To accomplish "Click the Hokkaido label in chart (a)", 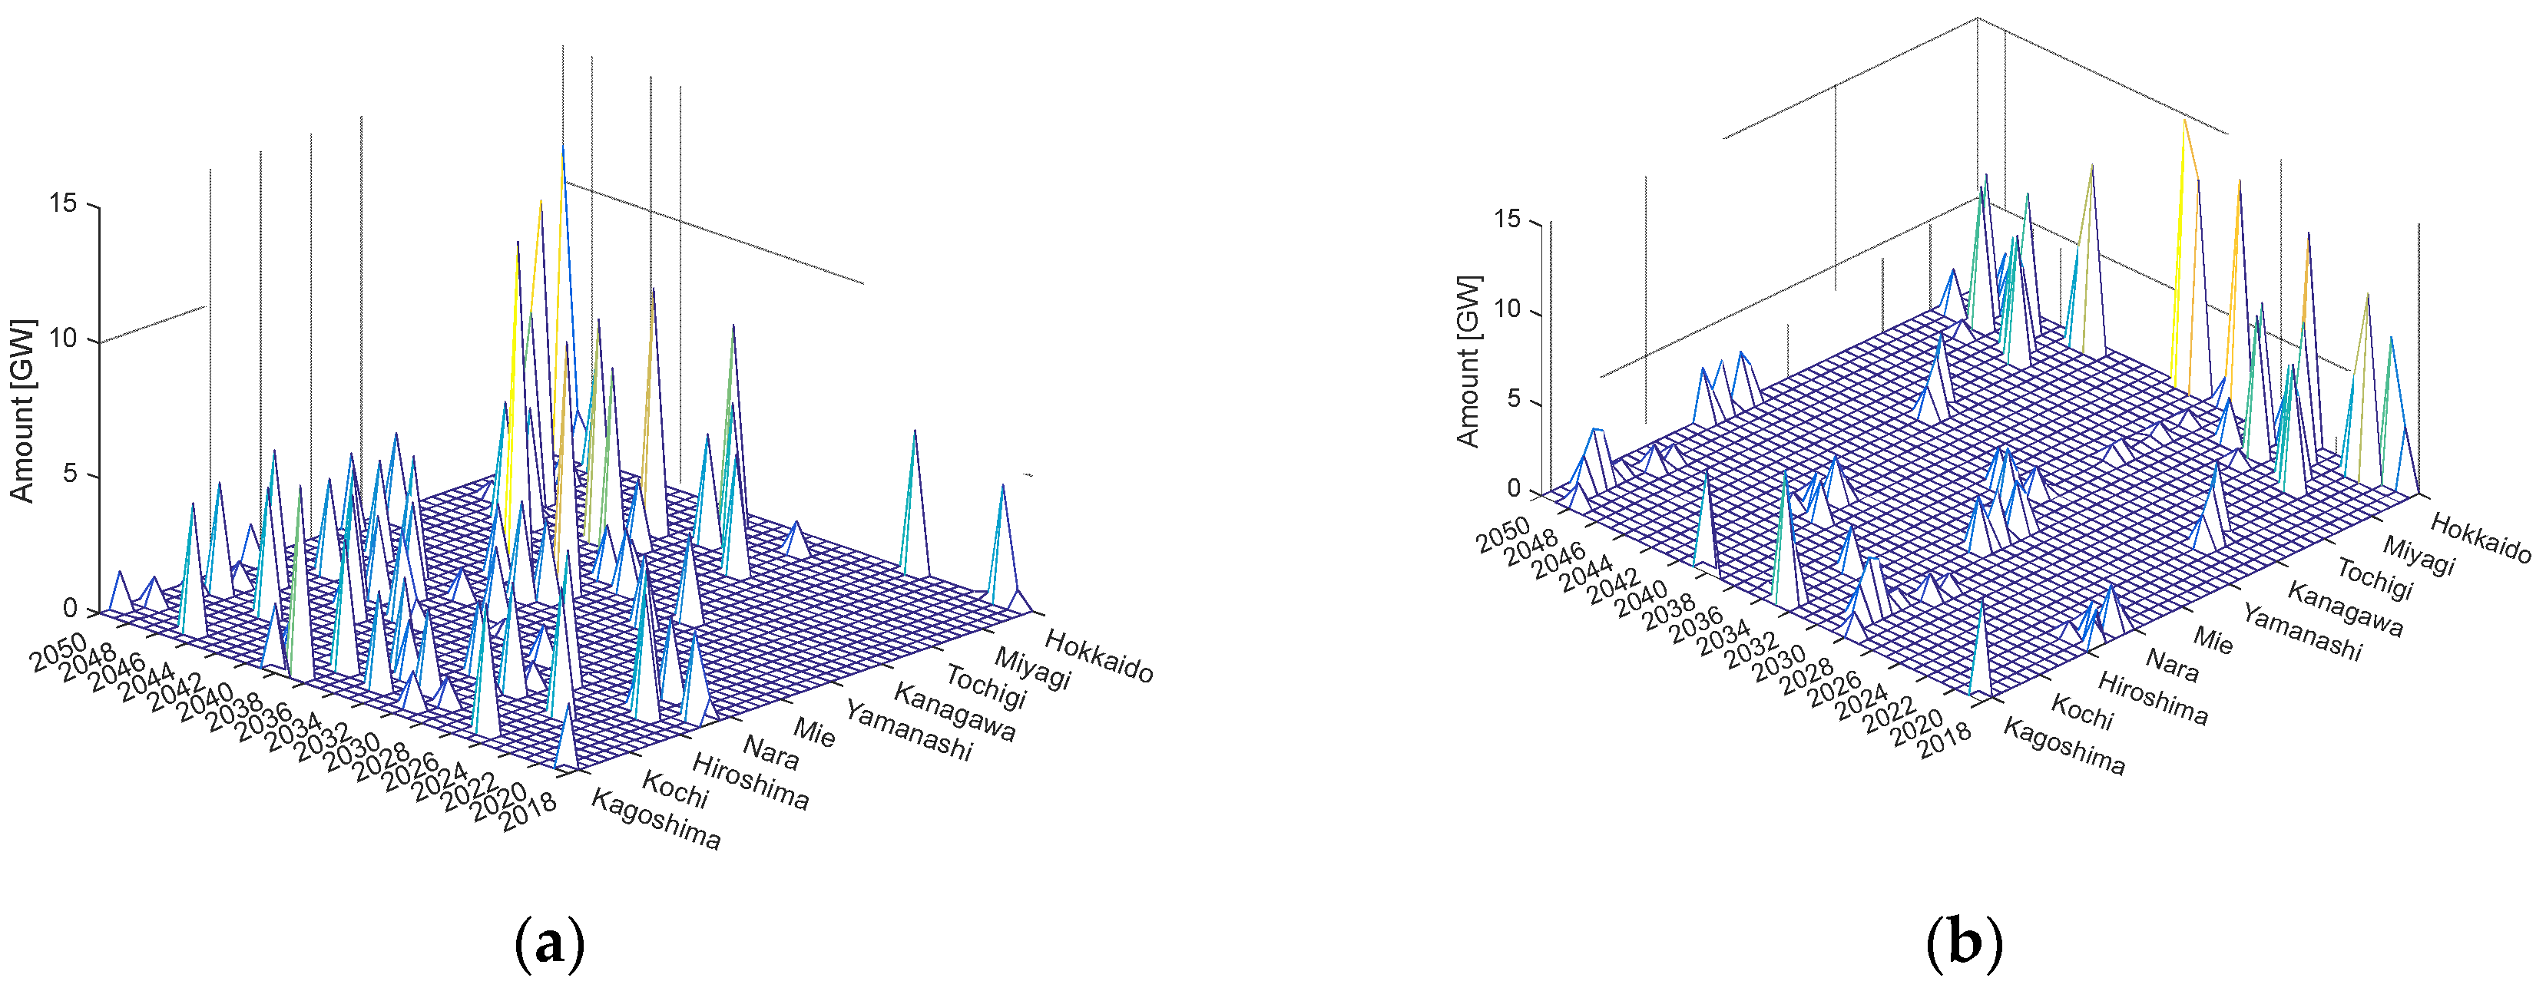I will (1098, 656).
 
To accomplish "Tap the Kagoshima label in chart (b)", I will (2064, 746).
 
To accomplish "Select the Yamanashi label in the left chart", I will (907, 731).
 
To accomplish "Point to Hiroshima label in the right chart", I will (2153, 698).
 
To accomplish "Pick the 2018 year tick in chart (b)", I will (1943, 740).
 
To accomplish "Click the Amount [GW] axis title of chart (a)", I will (22, 410).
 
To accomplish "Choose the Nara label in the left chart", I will (771, 752).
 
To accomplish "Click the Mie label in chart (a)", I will (814, 732).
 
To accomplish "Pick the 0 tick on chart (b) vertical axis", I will (1512, 489).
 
